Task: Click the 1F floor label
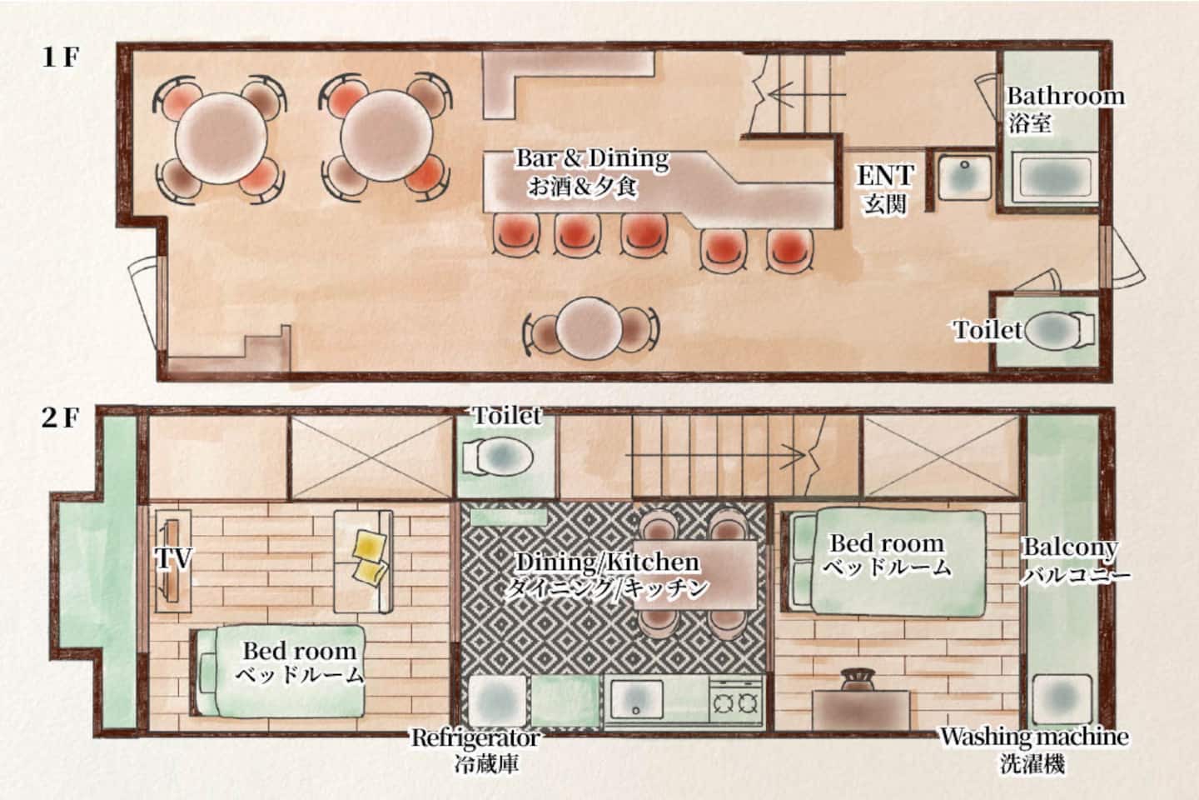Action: click(61, 57)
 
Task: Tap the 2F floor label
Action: click(61, 418)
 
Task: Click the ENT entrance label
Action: click(885, 176)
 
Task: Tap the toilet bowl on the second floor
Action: click(497, 457)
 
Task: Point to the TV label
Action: click(173, 558)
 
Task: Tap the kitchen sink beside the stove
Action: click(636, 698)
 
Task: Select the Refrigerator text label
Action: click(475, 737)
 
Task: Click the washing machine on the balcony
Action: click(1062, 699)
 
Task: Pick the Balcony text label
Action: click(1071, 547)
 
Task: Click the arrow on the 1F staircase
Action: click(807, 95)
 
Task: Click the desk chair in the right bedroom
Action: click(858, 679)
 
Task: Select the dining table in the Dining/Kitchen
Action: click(697, 574)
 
